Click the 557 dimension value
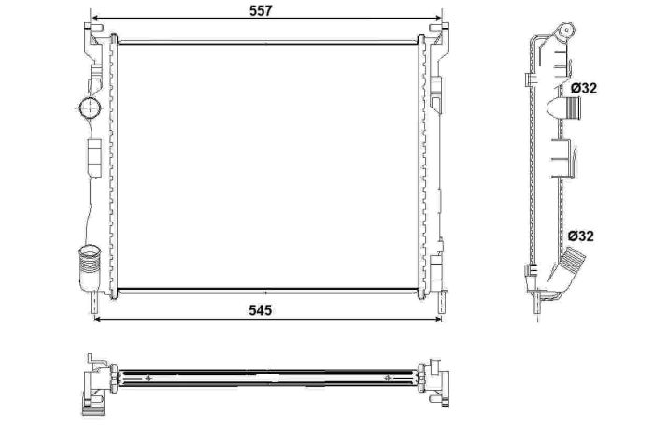click(x=261, y=10)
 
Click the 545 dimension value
click(x=261, y=310)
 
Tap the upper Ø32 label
click(x=584, y=88)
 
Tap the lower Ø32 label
click(x=580, y=236)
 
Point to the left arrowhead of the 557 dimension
click(x=94, y=18)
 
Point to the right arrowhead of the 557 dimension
click(x=438, y=18)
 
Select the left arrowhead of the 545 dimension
click(x=98, y=319)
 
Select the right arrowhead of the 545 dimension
click(x=438, y=319)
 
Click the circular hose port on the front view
click(x=90, y=107)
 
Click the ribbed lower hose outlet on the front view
click(x=89, y=267)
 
